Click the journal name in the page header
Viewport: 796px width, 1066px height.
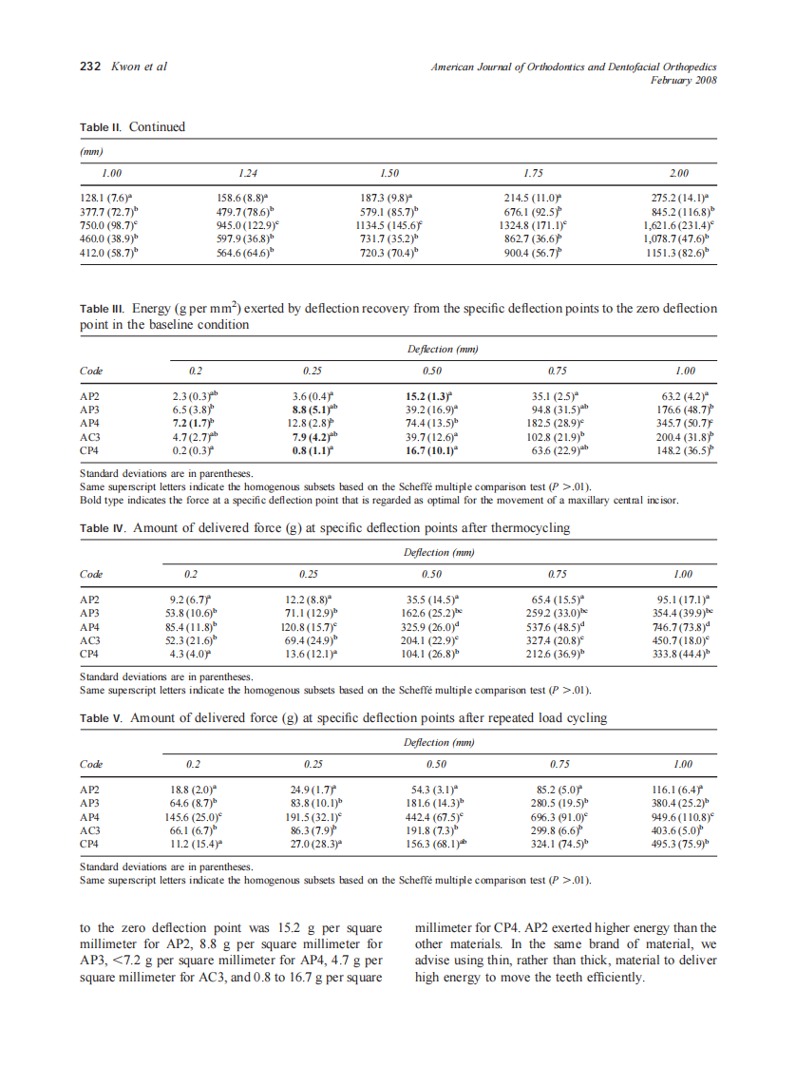click(x=573, y=67)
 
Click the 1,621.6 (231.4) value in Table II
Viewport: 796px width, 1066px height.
click(x=678, y=226)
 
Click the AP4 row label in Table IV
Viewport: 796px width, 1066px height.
click(x=90, y=628)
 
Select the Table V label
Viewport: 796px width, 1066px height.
click(x=101, y=718)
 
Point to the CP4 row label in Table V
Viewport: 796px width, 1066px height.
click(x=90, y=843)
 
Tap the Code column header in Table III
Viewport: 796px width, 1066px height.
click(x=91, y=371)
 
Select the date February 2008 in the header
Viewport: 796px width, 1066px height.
click(x=683, y=81)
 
